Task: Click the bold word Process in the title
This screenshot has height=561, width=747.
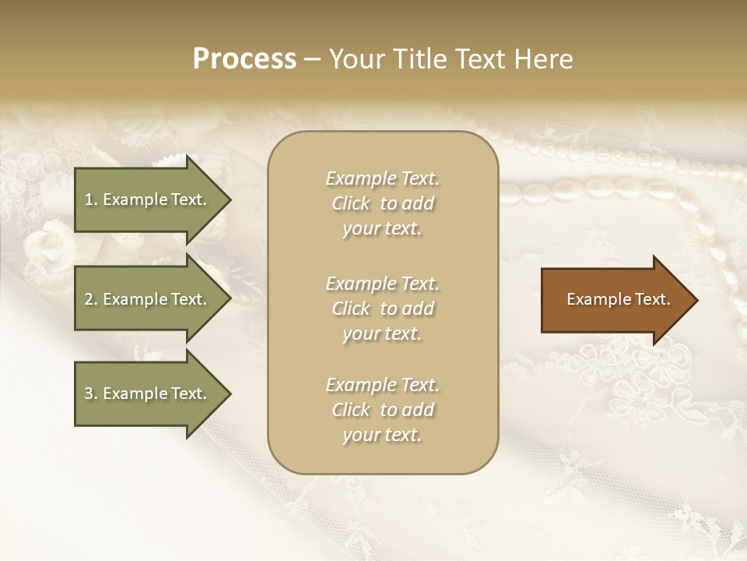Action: coord(244,59)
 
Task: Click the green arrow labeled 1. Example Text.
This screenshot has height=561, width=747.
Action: coord(148,199)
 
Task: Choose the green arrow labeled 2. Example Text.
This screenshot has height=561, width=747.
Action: coord(148,299)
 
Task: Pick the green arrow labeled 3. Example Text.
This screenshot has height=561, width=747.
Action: coord(148,393)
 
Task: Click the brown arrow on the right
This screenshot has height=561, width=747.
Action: coord(615,300)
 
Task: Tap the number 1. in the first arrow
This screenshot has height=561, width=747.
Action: coord(91,199)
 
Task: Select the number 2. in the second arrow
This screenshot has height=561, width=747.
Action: coord(91,299)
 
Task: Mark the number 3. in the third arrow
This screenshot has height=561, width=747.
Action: coord(91,393)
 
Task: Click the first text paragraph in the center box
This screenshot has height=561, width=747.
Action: coord(382,203)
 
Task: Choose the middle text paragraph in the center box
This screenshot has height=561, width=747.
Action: coord(382,309)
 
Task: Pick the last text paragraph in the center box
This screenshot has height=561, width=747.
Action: coord(382,410)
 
